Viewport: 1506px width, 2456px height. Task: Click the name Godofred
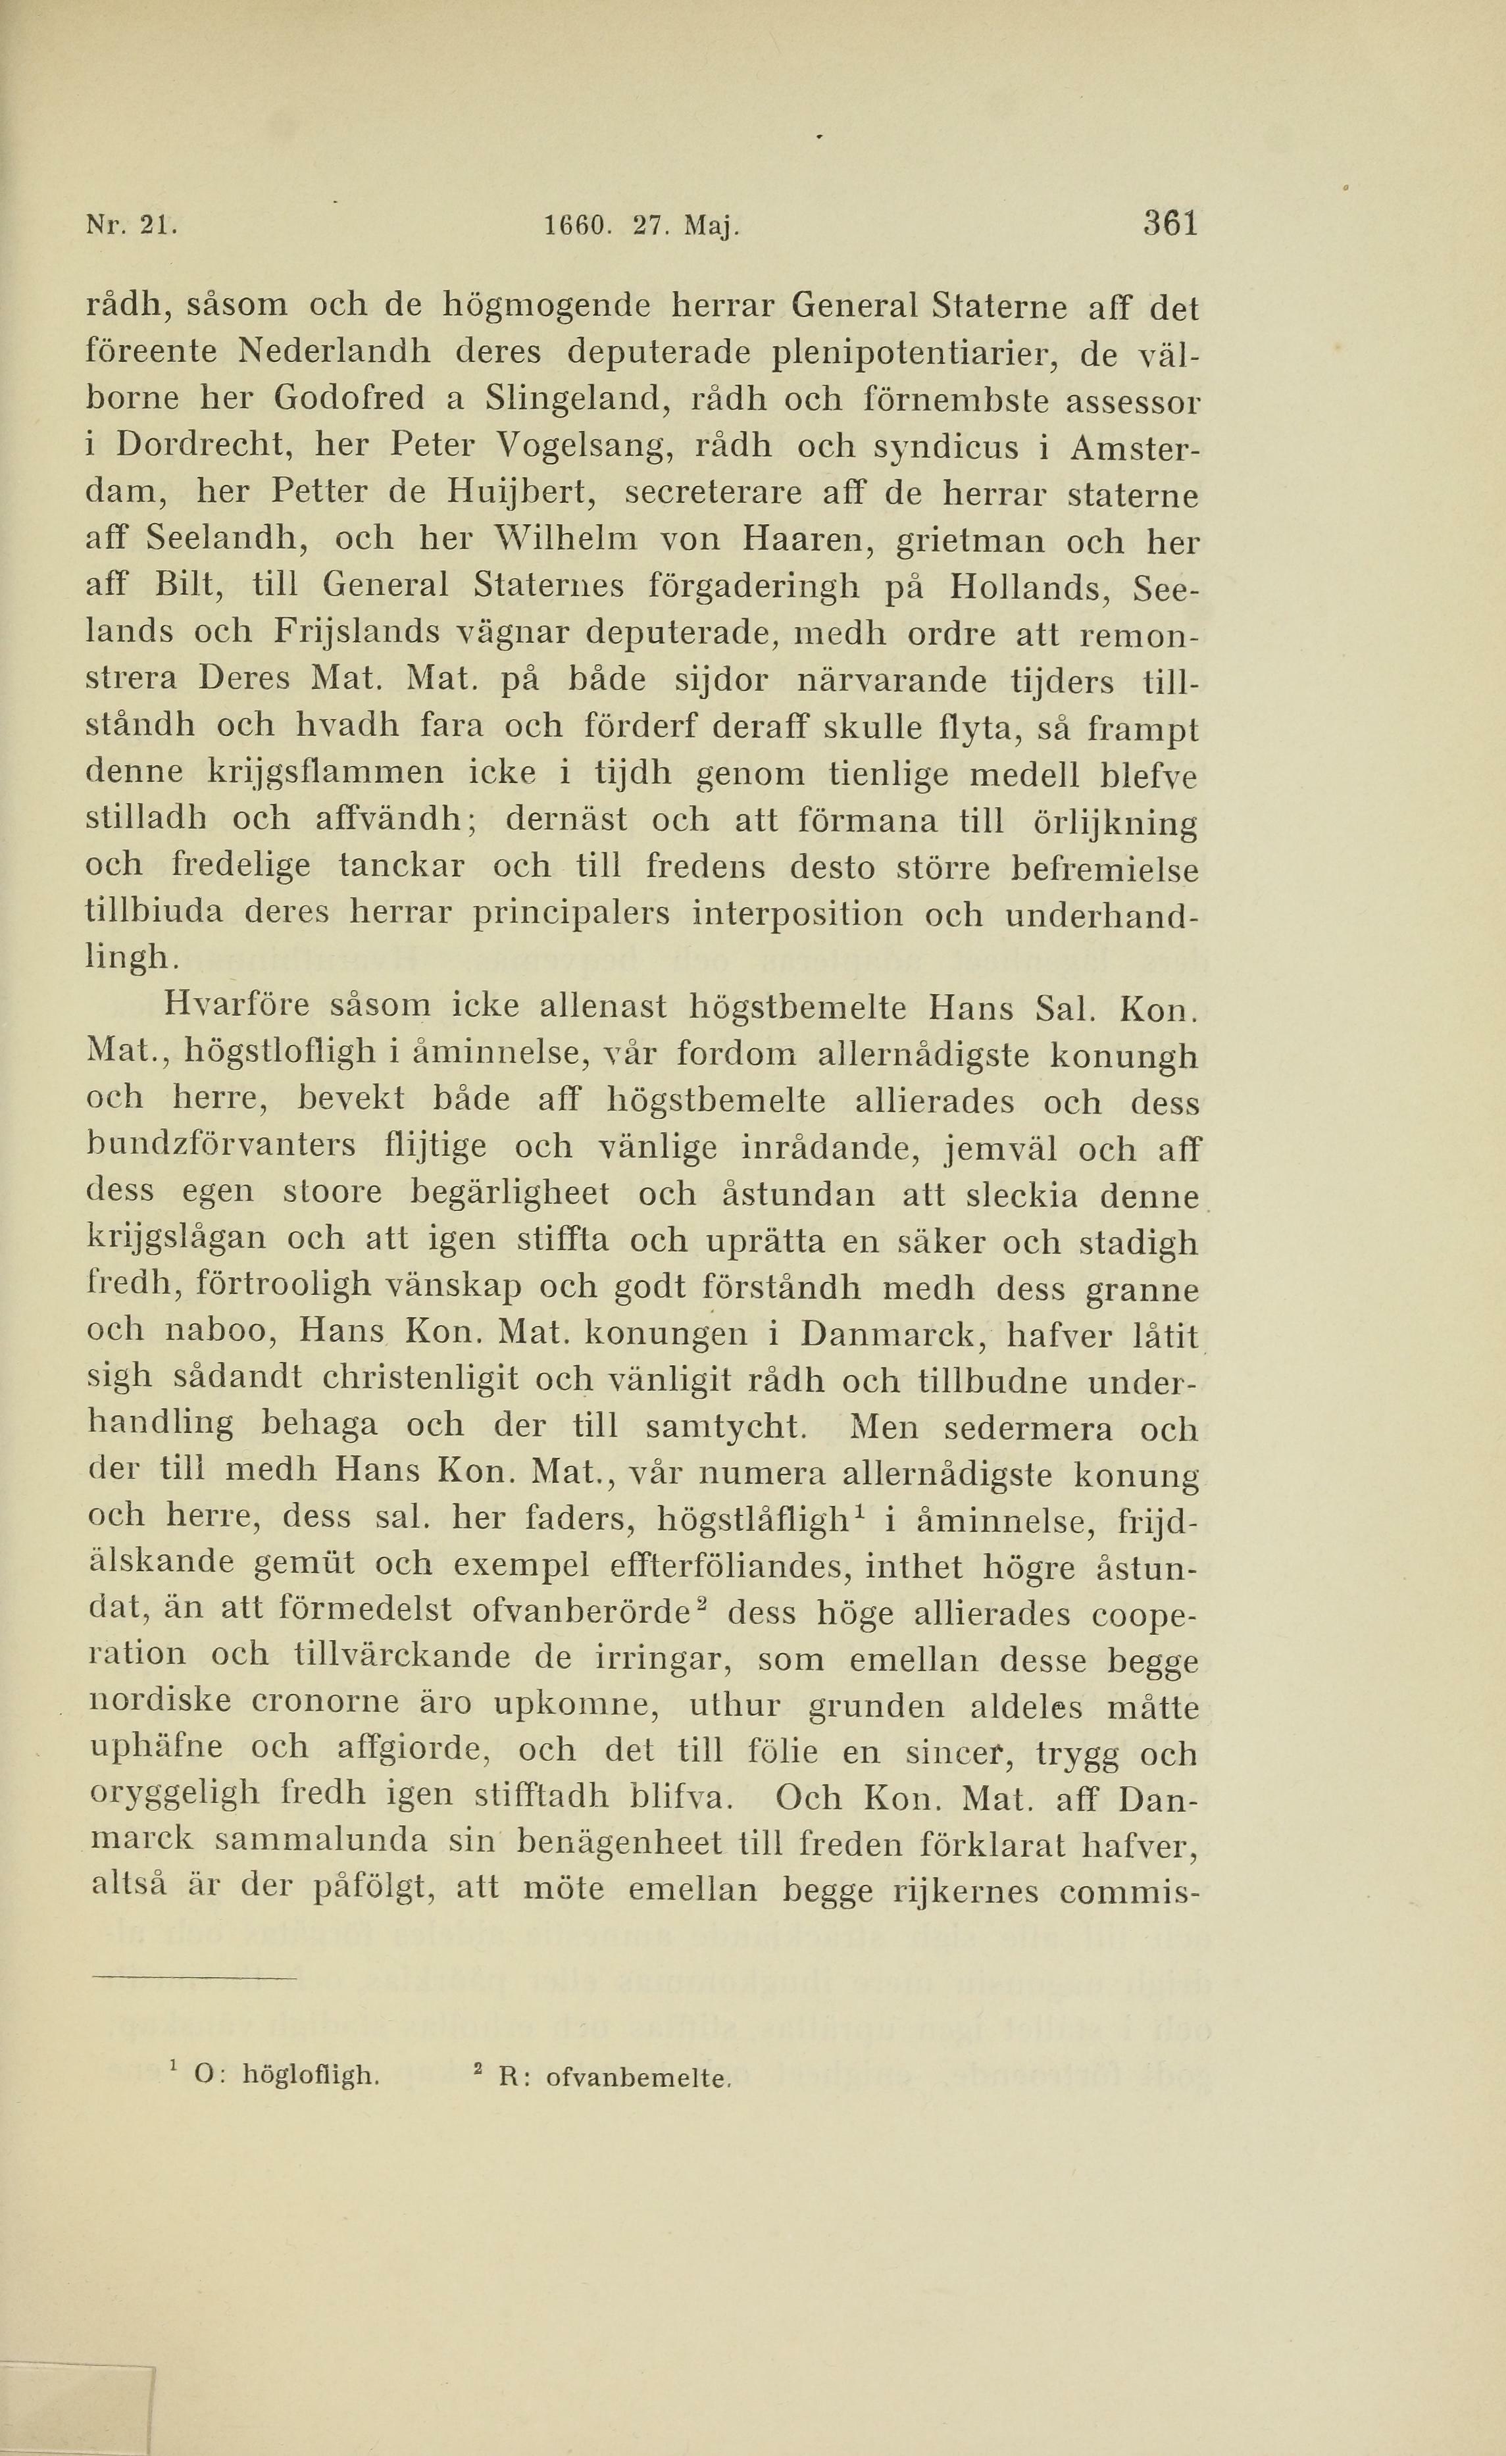coord(348,399)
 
